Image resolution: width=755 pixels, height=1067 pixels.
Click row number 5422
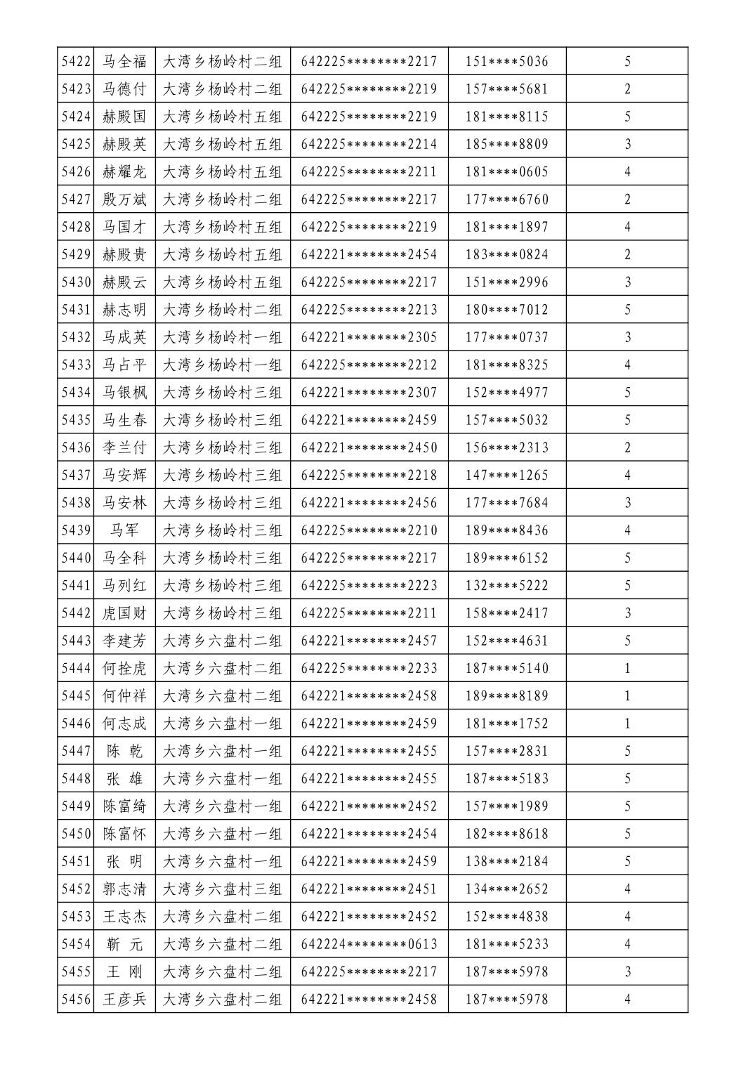tap(76, 61)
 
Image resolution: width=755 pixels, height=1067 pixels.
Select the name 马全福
tap(124, 61)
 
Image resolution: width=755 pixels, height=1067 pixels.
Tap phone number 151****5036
tap(506, 61)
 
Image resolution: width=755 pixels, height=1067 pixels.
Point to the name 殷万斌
tap(124, 199)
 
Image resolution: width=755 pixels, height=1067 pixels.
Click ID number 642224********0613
tap(369, 944)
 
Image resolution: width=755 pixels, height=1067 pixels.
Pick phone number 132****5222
tap(506, 586)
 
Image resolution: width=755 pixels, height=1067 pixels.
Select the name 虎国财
tap(124, 613)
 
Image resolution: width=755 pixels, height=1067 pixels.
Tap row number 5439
tap(76, 530)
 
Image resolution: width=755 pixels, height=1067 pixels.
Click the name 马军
tap(124, 530)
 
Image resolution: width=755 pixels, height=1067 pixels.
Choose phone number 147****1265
tap(506, 476)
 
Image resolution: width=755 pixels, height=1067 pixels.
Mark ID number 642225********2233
tap(369, 668)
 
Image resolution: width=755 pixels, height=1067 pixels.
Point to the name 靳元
tap(124, 944)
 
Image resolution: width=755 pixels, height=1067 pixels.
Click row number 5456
tap(76, 999)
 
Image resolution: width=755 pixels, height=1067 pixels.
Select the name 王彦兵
tap(124, 999)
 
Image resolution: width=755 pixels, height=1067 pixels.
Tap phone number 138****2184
tap(506, 861)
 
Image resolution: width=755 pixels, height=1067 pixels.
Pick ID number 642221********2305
tap(369, 337)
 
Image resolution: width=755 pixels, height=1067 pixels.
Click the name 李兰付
tap(124, 447)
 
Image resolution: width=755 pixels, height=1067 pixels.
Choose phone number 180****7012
tap(506, 310)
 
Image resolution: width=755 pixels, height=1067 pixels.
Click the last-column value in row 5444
tap(627, 668)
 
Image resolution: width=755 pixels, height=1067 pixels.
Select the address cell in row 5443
tap(222, 641)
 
